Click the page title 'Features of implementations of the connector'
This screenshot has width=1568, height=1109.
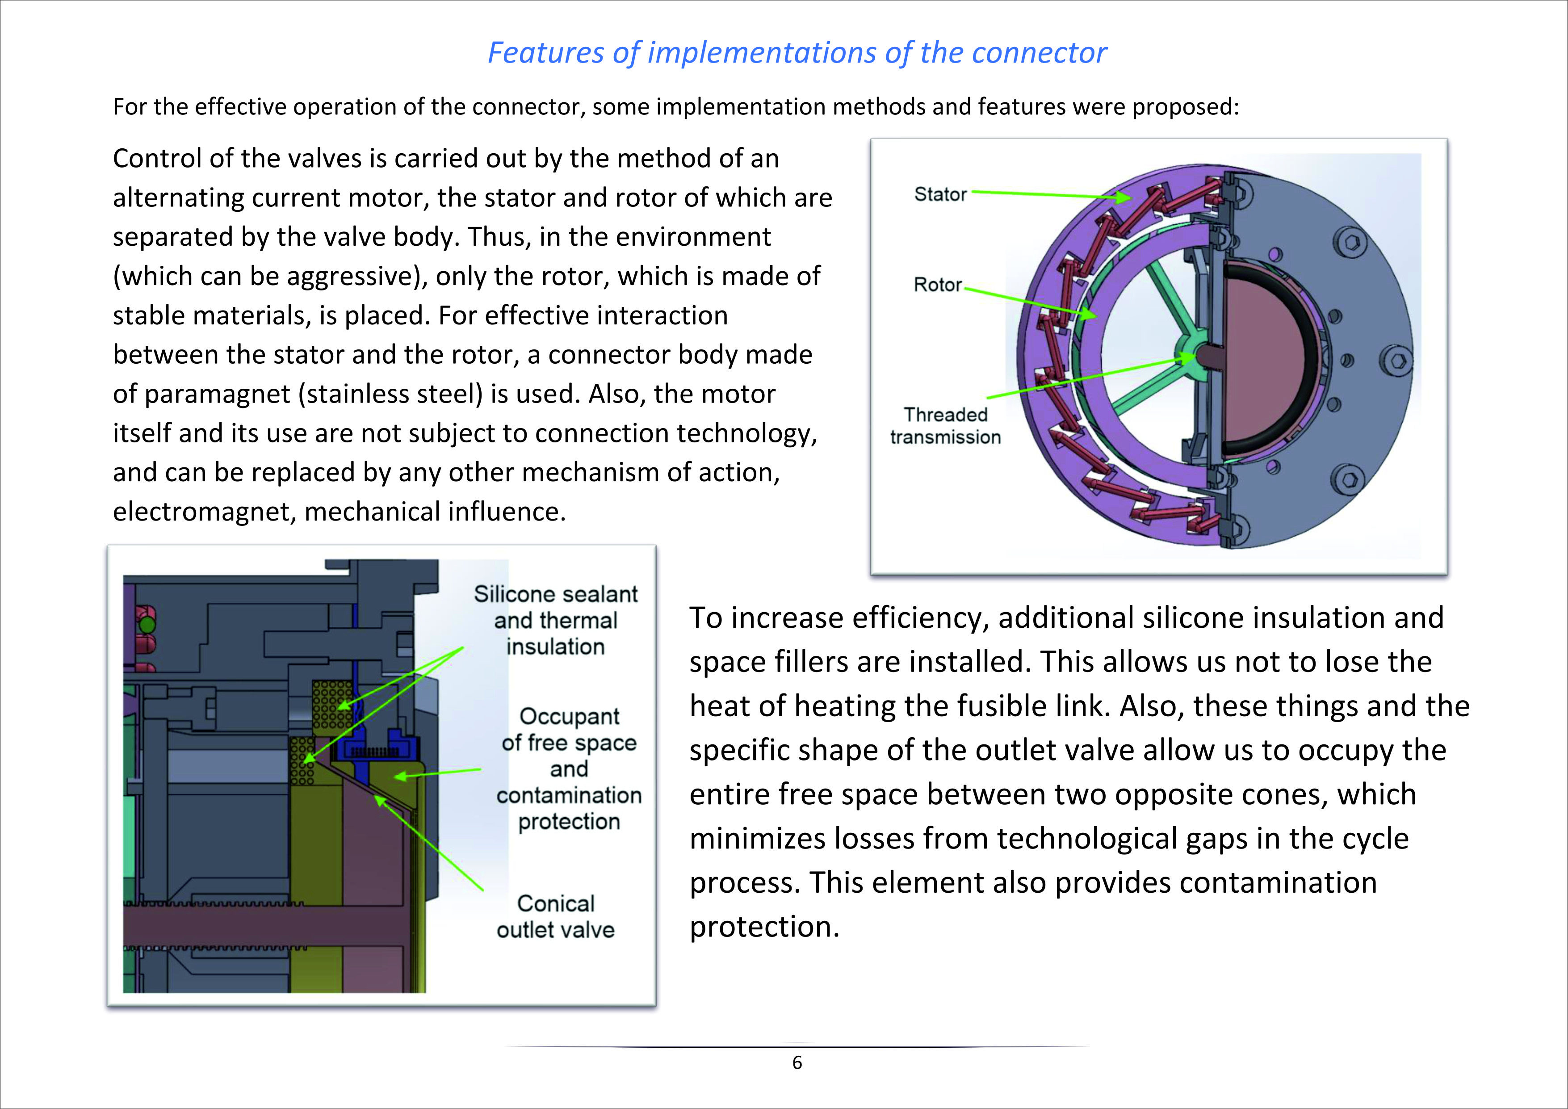point(797,53)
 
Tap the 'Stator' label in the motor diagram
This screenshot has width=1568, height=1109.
point(940,195)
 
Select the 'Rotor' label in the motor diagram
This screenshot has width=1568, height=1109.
point(938,285)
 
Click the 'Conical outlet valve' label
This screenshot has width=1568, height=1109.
point(555,916)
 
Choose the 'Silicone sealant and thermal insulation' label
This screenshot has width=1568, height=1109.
point(556,620)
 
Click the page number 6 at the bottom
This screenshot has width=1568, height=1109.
point(797,1063)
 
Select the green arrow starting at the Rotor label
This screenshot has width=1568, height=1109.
point(1030,302)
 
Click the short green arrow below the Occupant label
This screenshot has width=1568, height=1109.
point(438,773)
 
